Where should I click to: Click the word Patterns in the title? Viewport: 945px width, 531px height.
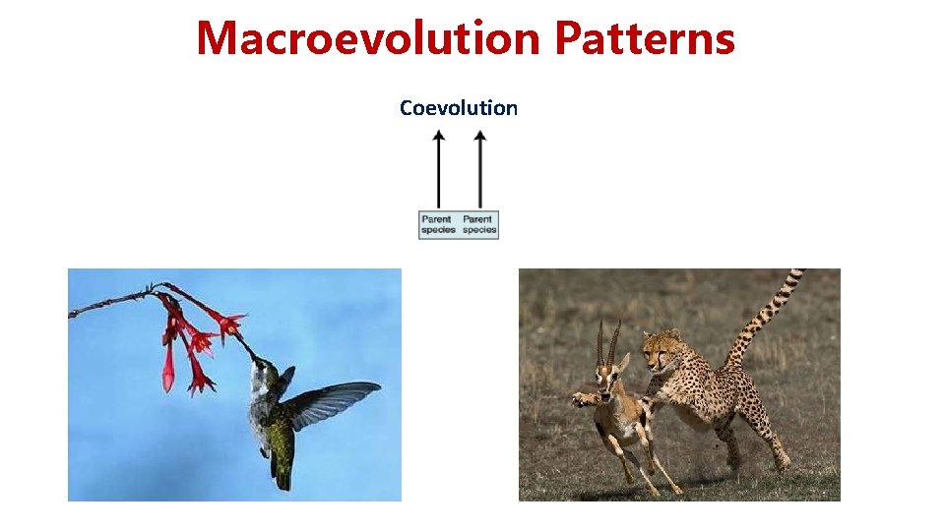point(644,39)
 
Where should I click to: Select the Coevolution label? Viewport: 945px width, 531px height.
point(458,108)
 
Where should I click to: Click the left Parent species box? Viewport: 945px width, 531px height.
point(437,224)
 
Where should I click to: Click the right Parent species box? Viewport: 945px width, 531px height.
point(479,224)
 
